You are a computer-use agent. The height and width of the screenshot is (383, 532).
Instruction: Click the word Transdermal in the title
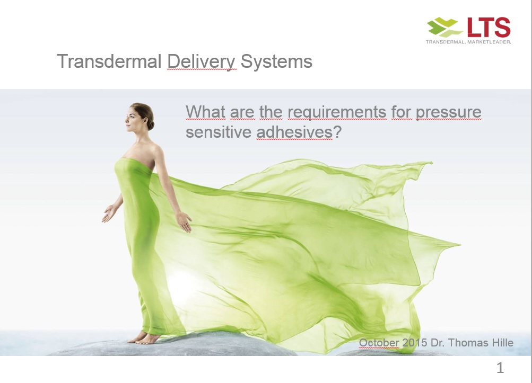click(x=109, y=61)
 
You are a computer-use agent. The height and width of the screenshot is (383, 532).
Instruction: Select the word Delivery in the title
click(x=201, y=63)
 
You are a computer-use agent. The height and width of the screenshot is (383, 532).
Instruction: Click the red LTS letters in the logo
click(x=489, y=27)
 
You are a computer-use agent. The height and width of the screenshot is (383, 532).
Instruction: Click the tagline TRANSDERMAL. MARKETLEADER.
click(x=468, y=42)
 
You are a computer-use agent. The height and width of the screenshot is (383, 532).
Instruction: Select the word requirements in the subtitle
click(x=337, y=112)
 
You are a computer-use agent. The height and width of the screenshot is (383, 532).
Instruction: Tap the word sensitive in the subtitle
click(x=219, y=132)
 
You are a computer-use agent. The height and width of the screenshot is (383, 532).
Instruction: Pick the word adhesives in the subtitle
click(x=294, y=132)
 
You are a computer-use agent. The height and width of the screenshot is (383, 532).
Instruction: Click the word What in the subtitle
click(x=205, y=112)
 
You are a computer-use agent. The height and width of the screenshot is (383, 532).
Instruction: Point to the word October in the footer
click(x=379, y=343)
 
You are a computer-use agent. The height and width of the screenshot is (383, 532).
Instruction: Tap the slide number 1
click(x=500, y=368)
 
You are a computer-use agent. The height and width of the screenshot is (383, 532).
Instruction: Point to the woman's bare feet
click(x=143, y=338)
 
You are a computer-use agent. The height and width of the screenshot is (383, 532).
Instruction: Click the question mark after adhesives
click(x=337, y=131)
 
